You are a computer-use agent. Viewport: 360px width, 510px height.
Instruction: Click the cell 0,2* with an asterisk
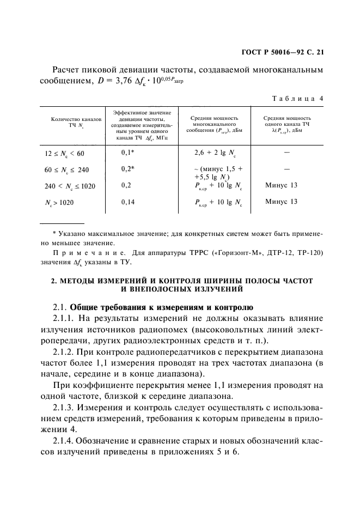127,169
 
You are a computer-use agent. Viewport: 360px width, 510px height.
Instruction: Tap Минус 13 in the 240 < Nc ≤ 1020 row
281,185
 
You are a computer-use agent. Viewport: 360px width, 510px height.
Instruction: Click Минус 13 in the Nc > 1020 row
281,202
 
